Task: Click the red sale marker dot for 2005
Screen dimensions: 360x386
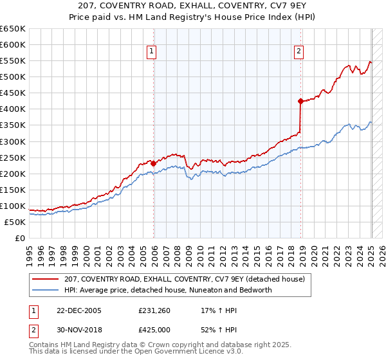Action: click(154, 163)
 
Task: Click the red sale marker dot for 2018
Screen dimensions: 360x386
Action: click(300, 101)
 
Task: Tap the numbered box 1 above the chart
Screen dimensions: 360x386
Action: click(151, 53)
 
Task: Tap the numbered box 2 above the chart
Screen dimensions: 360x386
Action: click(300, 53)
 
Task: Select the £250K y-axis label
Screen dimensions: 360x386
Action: click(12, 157)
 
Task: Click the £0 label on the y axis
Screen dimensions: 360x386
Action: click(19, 238)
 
